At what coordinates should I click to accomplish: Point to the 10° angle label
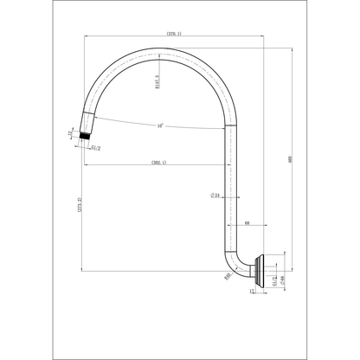160,126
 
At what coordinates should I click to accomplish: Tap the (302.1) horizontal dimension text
158,162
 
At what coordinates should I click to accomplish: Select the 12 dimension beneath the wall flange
252,293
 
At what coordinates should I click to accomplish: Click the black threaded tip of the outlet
84,136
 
